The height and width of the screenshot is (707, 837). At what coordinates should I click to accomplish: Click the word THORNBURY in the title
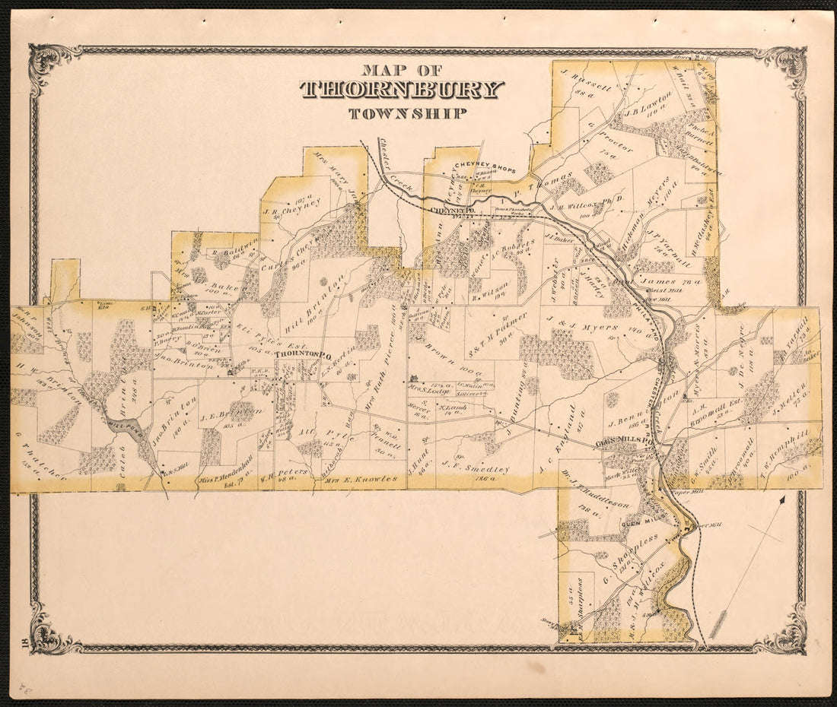[x=401, y=90]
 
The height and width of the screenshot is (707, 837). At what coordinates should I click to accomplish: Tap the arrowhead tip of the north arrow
[x=783, y=500]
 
